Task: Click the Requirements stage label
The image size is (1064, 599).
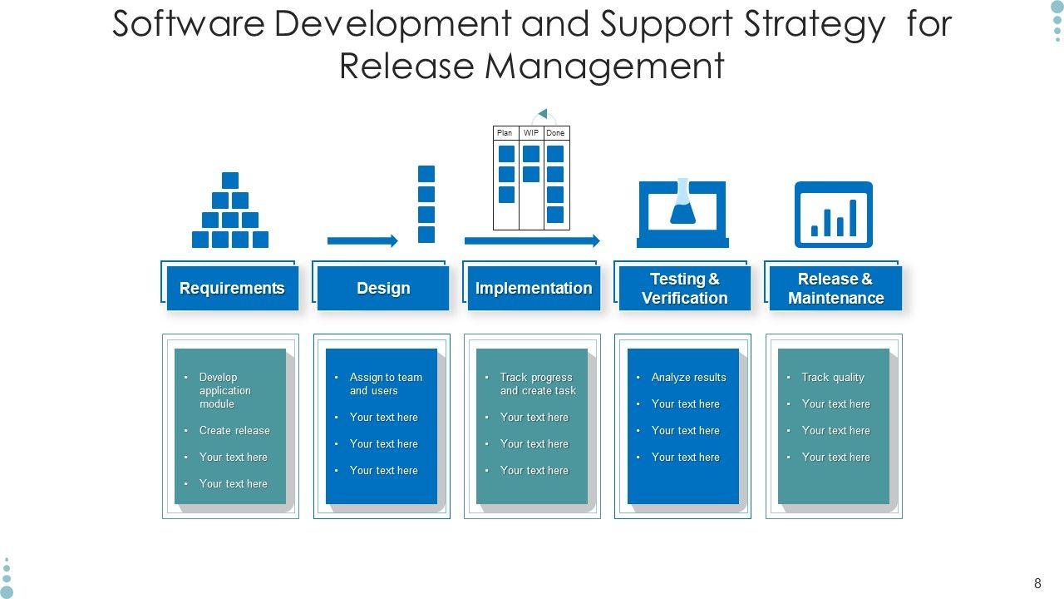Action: click(232, 289)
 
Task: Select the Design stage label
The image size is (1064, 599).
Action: click(383, 289)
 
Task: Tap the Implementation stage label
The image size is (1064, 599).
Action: click(534, 289)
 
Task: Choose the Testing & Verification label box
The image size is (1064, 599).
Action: click(684, 289)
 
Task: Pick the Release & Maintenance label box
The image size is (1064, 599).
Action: click(835, 289)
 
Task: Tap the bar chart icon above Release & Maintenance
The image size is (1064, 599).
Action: click(834, 215)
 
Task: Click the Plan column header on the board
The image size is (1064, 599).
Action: click(505, 133)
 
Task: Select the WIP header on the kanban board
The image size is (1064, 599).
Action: click(531, 133)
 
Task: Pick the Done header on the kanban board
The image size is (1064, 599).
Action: click(556, 133)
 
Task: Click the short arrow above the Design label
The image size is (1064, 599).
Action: click(363, 241)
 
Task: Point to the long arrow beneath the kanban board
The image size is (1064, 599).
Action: click(532, 241)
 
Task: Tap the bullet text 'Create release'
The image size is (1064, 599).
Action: click(234, 431)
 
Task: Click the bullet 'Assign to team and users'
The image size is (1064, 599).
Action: click(386, 384)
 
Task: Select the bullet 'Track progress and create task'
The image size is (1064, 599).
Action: click(538, 384)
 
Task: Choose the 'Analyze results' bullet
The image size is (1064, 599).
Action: click(688, 378)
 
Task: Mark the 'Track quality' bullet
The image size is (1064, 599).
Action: click(833, 378)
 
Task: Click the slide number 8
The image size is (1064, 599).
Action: click(1037, 584)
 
